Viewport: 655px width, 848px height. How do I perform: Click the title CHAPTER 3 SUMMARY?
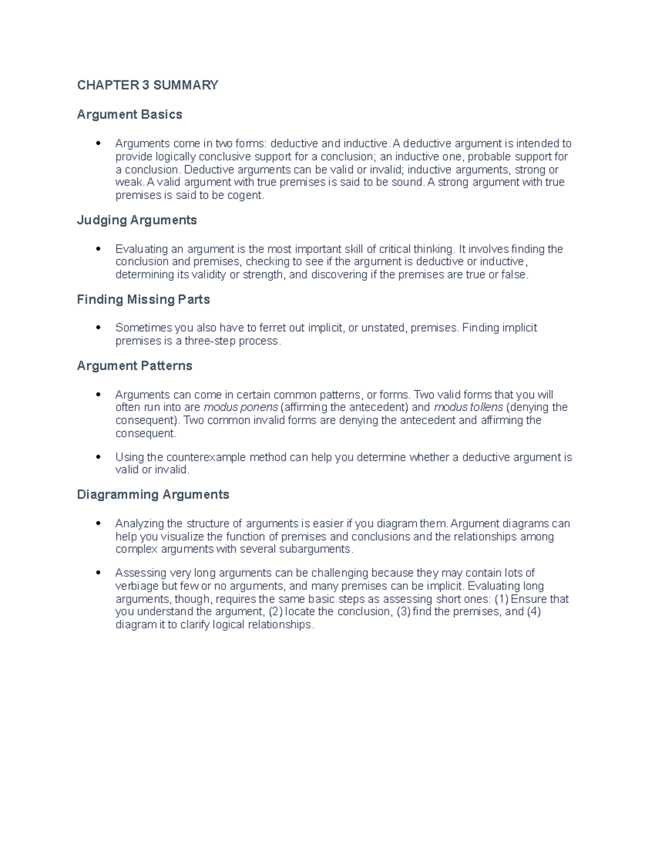(147, 85)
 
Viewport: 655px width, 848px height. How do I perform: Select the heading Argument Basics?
(129, 115)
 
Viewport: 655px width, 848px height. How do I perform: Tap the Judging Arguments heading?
(136, 220)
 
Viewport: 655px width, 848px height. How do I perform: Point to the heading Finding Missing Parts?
(143, 299)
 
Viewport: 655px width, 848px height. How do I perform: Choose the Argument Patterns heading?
(134, 366)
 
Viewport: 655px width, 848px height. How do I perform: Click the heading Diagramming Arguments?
(153, 495)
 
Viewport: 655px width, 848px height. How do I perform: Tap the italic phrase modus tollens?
(468, 407)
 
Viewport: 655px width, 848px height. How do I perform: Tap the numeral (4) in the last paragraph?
(533, 612)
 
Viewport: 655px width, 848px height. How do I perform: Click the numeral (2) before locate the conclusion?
(276, 612)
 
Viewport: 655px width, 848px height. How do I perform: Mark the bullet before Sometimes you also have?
(98, 328)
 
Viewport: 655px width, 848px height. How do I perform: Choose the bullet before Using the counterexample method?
(98, 457)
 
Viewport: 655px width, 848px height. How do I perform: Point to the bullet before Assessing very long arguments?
(98, 573)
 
